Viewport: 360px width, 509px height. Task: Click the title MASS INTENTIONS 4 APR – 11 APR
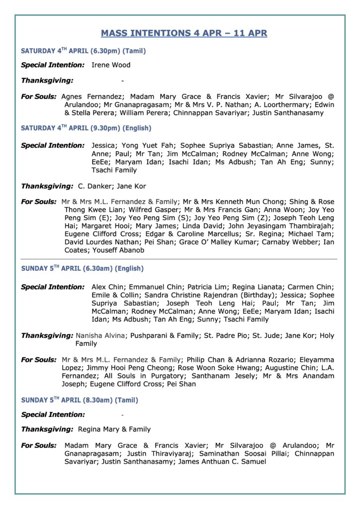pos(184,33)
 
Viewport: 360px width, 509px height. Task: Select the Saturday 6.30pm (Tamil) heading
pos(83,51)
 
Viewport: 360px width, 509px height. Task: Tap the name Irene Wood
pos(111,65)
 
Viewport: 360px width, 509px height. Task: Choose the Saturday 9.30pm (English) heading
pos(86,128)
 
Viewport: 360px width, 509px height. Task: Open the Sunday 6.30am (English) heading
pos(82,268)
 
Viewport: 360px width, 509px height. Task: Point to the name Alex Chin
pos(108,287)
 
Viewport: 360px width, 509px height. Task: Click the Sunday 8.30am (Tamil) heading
pos(80,400)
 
